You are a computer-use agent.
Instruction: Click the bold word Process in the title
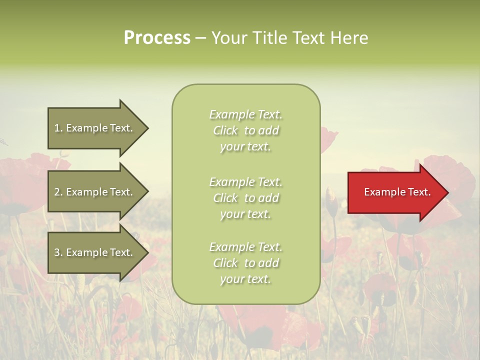pyautogui.click(x=157, y=38)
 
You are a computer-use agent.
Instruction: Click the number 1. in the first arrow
pyautogui.click(x=58, y=128)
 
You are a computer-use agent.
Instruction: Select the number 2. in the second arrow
pyautogui.click(x=58, y=192)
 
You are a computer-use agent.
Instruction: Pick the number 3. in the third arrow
pyautogui.click(x=58, y=252)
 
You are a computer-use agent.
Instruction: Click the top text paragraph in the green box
pyautogui.click(x=245, y=130)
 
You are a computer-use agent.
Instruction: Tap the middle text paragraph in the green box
pyautogui.click(x=245, y=198)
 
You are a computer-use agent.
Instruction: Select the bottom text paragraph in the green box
pyautogui.click(x=245, y=263)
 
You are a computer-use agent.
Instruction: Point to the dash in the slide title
pyautogui.click(x=200, y=38)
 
